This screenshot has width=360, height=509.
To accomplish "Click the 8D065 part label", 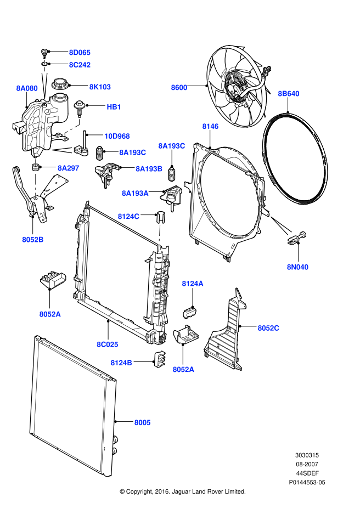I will tap(80, 53).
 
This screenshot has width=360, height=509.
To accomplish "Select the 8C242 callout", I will tap(80, 65).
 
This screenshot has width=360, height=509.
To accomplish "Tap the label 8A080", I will tap(27, 88).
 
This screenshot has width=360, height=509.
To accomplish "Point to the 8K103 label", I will tap(100, 87).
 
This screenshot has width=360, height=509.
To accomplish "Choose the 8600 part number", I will tap(179, 87).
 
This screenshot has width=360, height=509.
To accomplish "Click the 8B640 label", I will tap(289, 94).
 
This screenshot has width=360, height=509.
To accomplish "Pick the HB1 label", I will tap(114, 107).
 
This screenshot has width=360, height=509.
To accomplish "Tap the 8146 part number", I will tap(210, 126).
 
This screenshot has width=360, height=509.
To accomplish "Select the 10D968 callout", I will tap(117, 136).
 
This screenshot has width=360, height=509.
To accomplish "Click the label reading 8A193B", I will tap(149, 169).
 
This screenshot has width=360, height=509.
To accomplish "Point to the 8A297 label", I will tap(69, 168).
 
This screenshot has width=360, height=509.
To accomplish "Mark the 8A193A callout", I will tap(135, 193).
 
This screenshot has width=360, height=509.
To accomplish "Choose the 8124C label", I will tap(128, 216).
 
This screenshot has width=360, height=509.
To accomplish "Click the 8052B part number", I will tap(33, 239).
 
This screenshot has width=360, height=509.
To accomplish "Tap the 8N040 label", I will tap(298, 267).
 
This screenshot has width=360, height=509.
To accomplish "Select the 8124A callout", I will tap(193, 284).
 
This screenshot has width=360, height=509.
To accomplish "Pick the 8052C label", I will tap(268, 328).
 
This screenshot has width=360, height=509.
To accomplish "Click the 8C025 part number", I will tap(108, 344).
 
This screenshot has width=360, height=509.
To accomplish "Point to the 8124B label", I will tap(121, 363).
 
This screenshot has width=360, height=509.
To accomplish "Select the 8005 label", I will tap(143, 422).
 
